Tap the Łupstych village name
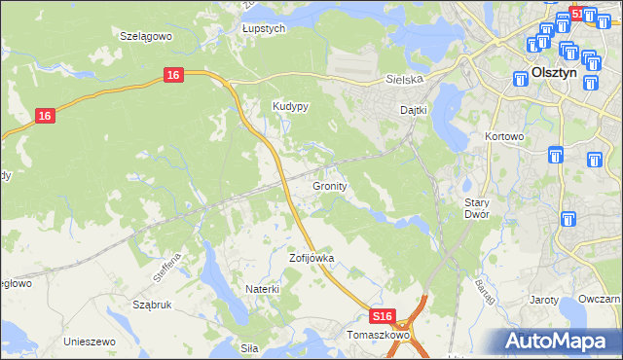tap(263, 29)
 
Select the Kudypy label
tap(290, 107)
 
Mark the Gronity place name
tap(331, 185)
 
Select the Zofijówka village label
tap(311, 259)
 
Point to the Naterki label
tap(263, 289)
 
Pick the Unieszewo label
tap(90, 342)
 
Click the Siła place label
tap(250, 345)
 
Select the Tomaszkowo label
tap(380, 335)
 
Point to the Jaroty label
tap(543, 300)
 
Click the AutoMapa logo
tap(557, 341)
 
